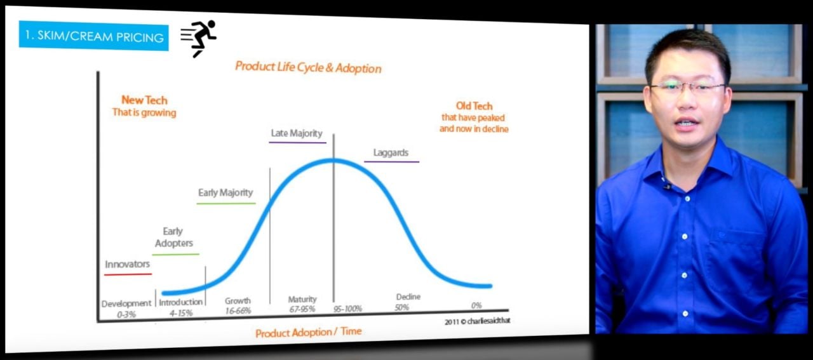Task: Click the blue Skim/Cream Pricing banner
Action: point(93,36)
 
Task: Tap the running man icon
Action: point(199,38)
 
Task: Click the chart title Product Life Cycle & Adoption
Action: point(308,67)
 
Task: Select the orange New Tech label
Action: point(144,100)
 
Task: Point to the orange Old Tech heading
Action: point(474,106)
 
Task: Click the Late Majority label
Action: point(297,133)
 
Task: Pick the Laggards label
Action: point(391,153)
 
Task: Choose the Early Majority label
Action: point(225,192)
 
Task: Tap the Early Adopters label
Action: point(173,237)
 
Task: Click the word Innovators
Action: point(128,264)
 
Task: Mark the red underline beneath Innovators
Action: point(128,274)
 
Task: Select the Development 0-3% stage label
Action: point(126,308)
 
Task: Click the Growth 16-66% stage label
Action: point(238,305)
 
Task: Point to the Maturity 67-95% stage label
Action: point(302,304)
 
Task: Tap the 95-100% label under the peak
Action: point(347,309)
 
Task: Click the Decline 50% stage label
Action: point(407,302)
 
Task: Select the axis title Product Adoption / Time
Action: point(308,333)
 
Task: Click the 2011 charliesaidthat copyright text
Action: point(477,321)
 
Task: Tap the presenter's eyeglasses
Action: point(687,88)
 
